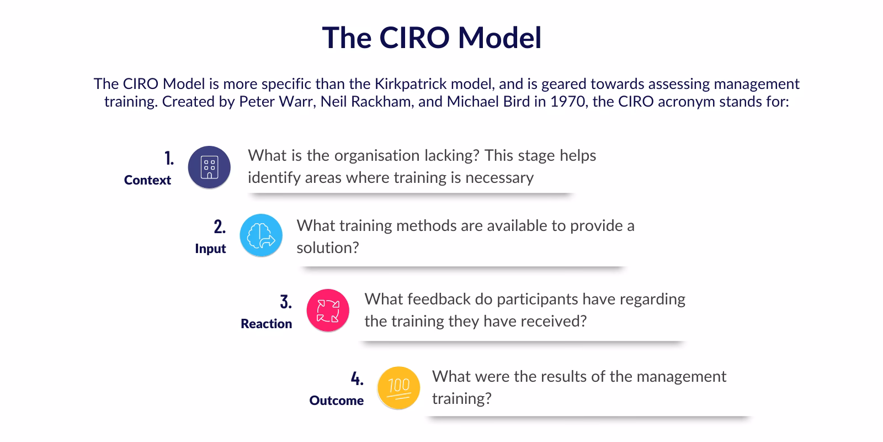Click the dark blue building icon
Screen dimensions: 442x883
[209, 167]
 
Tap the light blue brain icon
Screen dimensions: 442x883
[261, 235]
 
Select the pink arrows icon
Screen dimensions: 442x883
[328, 311]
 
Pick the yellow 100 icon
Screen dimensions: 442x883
[398, 387]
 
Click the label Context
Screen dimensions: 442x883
[147, 180]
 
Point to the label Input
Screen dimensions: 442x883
[210, 249]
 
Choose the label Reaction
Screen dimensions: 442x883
[266, 324]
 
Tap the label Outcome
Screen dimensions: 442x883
[336, 401]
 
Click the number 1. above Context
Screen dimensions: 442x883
[169, 159]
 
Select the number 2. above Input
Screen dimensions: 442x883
[220, 227]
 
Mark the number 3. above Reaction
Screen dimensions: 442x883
[286, 302]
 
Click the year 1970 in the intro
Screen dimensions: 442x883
[569, 102]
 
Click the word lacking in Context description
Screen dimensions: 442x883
[452, 155]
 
